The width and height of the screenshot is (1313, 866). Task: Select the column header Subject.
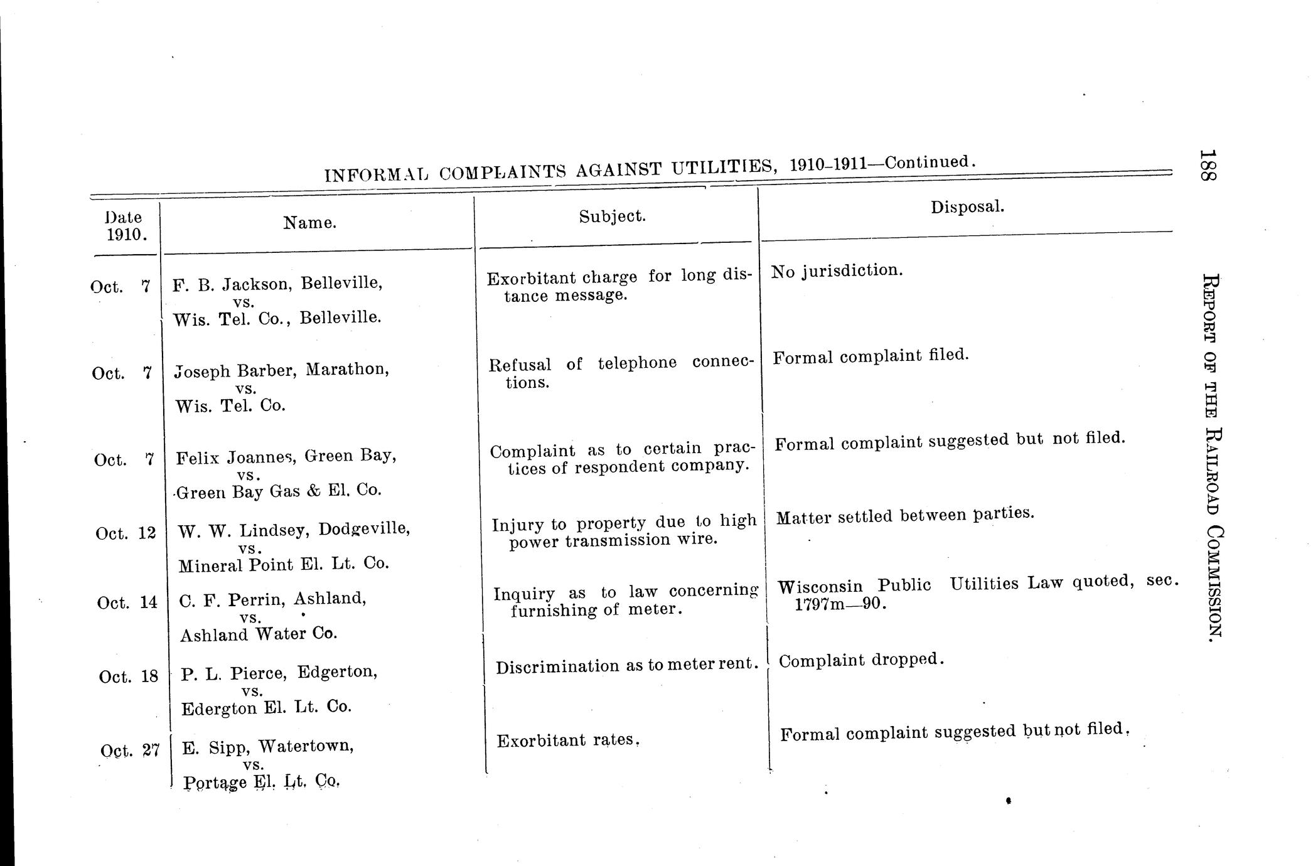click(612, 216)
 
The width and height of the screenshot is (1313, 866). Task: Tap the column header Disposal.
click(967, 206)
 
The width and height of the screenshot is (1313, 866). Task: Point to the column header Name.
click(310, 223)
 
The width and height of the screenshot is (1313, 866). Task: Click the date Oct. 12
click(126, 533)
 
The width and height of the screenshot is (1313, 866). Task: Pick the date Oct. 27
click(130, 751)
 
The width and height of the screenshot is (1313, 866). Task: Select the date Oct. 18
click(129, 676)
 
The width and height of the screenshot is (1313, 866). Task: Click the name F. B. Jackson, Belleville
click(277, 284)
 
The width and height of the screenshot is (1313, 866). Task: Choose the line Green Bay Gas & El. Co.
click(279, 491)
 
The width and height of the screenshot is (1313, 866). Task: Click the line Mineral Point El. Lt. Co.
click(284, 564)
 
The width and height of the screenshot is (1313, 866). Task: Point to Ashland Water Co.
click(259, 634)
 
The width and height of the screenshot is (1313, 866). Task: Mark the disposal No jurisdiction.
click(837, 270)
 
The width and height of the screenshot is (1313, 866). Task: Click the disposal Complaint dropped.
click(861, 660)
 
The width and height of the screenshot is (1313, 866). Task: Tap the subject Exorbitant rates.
click(567, 740)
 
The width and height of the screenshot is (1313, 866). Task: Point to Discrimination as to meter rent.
click(626, 665)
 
